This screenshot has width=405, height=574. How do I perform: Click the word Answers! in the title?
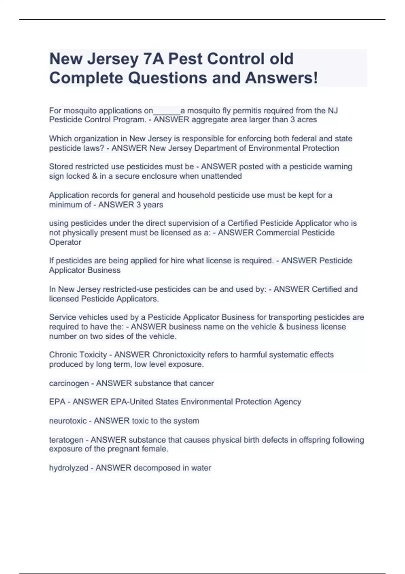[281, 78]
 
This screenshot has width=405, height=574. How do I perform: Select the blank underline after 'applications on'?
[167, 111]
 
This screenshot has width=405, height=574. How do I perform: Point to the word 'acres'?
[307, 120]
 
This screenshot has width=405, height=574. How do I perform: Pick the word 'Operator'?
[65, 242]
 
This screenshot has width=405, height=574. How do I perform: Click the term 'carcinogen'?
[69, 383]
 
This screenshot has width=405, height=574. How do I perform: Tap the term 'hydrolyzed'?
[69, 468]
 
